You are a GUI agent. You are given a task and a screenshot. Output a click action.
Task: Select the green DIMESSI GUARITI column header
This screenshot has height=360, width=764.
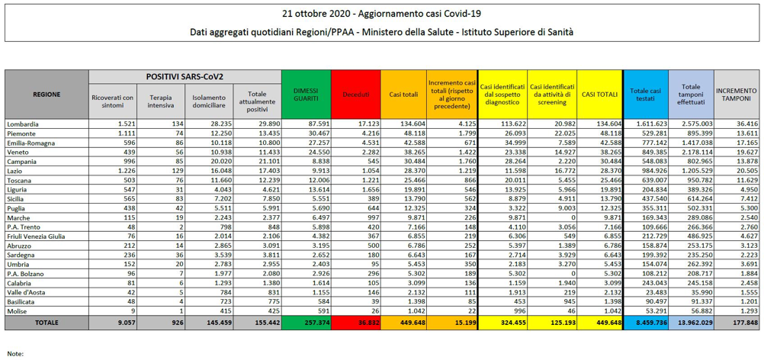306,94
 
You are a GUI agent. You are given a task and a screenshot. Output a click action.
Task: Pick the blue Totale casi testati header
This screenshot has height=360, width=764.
646,94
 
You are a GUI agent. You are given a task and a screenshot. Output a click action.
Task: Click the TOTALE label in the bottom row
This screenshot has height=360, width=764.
46,323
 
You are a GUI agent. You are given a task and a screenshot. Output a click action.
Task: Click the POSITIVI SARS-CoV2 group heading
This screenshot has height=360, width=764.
185,77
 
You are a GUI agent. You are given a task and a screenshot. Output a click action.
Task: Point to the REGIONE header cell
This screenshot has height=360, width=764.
47,94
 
